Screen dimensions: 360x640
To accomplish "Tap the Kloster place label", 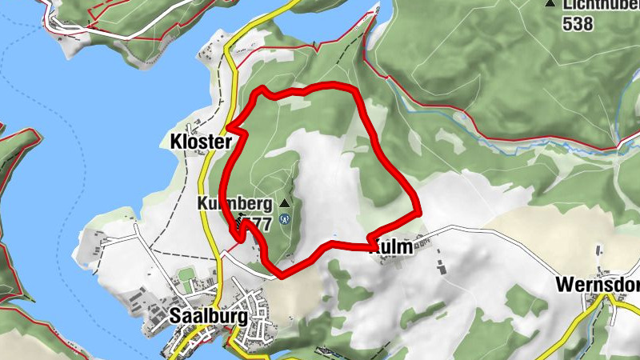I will point(200,142).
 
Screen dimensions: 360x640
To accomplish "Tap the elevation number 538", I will point(578,24).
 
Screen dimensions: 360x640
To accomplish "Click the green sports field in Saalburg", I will point(186,283).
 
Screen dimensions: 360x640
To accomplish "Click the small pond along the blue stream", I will point(625,142).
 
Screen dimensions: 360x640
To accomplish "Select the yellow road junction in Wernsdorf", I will point(609,297).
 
